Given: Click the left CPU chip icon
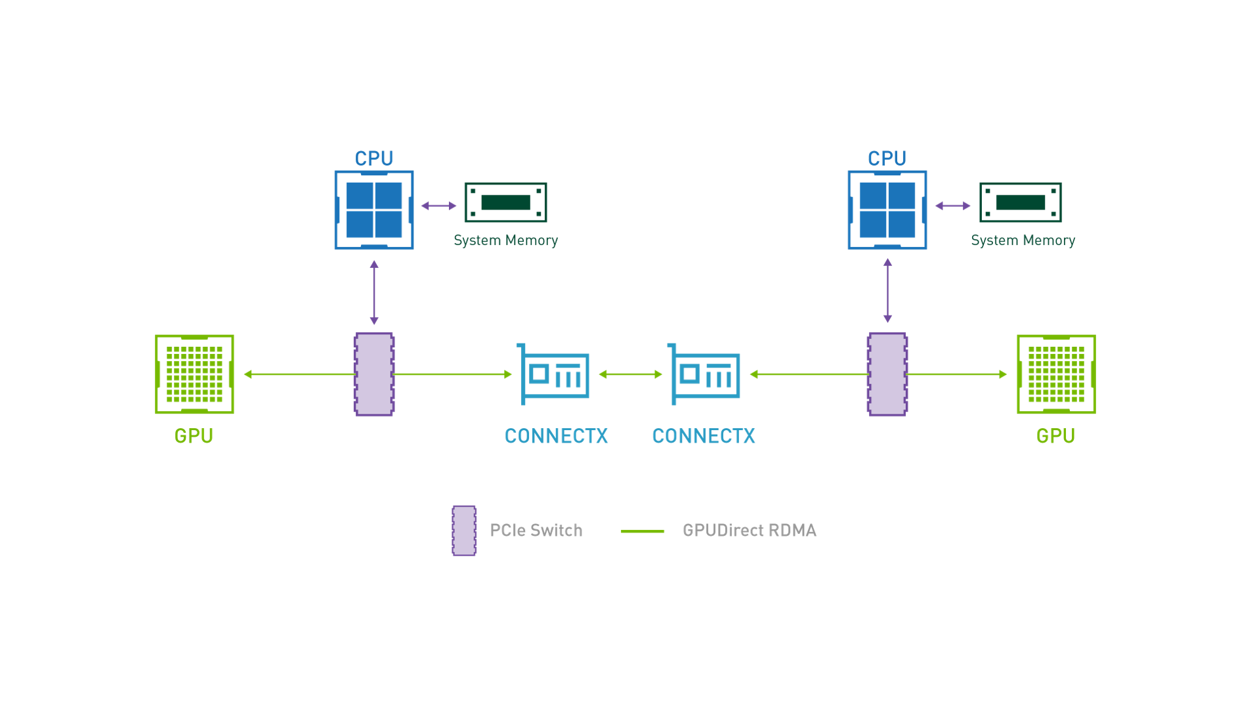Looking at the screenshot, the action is tap(374, 210).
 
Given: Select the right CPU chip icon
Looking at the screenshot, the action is tap(887, 210).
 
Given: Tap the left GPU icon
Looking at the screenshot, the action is tap(194, 374).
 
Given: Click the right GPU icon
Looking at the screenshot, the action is tap(1056, 374).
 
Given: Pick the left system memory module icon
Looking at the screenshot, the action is tap(505, 202).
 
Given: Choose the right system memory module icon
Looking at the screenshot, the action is tap(1020, 202).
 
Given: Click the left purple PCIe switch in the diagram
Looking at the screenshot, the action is tap(374, 374).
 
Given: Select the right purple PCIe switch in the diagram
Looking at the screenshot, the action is tap(887, 374).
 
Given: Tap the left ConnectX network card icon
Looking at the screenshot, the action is tap(553, 374).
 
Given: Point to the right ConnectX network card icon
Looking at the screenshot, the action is tap(704, 374).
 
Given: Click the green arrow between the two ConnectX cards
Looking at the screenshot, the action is tap(631, 374).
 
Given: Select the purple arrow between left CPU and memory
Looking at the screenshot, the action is tap(438, 206).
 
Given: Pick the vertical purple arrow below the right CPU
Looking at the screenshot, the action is tap(887, 291).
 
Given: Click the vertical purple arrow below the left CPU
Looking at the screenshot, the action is tap(374, 293).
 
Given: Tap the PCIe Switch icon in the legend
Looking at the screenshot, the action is tap(464, 531).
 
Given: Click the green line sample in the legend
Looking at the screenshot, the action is tap(643, 531).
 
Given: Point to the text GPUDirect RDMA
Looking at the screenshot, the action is tap(750, 531).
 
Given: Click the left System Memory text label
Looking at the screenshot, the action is tap(505, 240).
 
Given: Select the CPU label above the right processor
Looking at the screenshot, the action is tap(887, 158).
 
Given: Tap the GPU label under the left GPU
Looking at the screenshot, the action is tap(194, 436).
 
